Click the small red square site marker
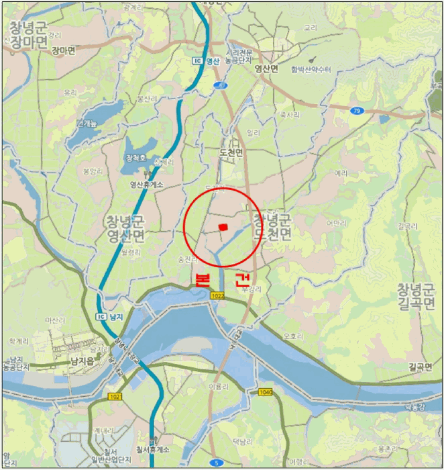tap(223, 228)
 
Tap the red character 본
tap(203, 280)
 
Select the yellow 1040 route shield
tap(265, 391)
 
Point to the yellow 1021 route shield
tap(115, 397)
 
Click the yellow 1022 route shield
tap(217, 296)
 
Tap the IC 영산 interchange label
tap(206, 61)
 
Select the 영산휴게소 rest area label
tap(147, 185)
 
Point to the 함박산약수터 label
tap(311, 69)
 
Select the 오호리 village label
tap(293, 336)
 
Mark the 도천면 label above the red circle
tap(231, 152)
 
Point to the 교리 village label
tap(310, 28)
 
